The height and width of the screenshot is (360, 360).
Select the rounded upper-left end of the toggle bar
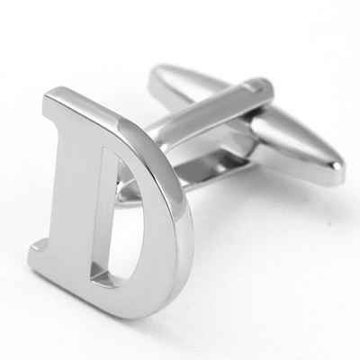tap(159, 72)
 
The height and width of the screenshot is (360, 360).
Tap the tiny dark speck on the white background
tap(330, 223)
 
